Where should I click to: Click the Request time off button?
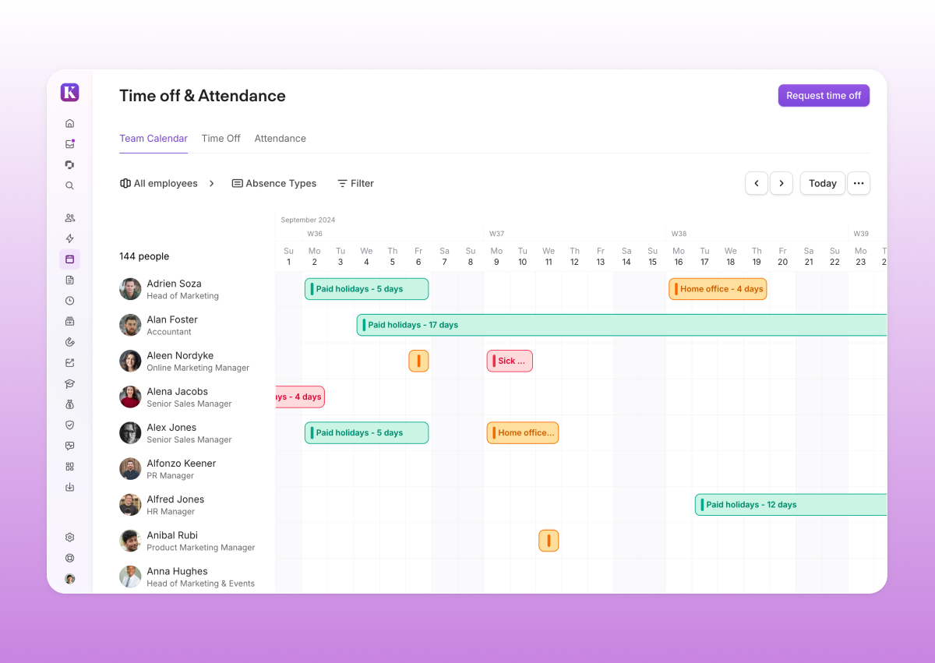click(x=824, y=96)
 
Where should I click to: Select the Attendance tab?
click(x=280, y=139)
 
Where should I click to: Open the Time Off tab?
click(x=221, y=139)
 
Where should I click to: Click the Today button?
click(x=822, y=183)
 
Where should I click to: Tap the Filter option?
click(x=355, y=184)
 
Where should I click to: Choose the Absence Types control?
click(x=274, y=184)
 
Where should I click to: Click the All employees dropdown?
click(x=166, y=184)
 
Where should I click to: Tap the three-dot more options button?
click(x=859, y=183)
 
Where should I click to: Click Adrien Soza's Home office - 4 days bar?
click(x=718, y=289)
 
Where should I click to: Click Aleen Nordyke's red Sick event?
click(x=510, y=361)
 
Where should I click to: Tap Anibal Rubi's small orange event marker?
click(x=549, y=541)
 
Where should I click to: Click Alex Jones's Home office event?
click(x=523, y=433)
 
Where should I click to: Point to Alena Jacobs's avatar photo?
click(x=130, y=397)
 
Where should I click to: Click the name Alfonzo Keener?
click(x=182, y=464)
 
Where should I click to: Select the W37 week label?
click(x=496, y=234)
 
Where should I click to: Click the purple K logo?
click(x=69, y=93)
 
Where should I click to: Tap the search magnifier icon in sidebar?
click(x=69, y=185)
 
